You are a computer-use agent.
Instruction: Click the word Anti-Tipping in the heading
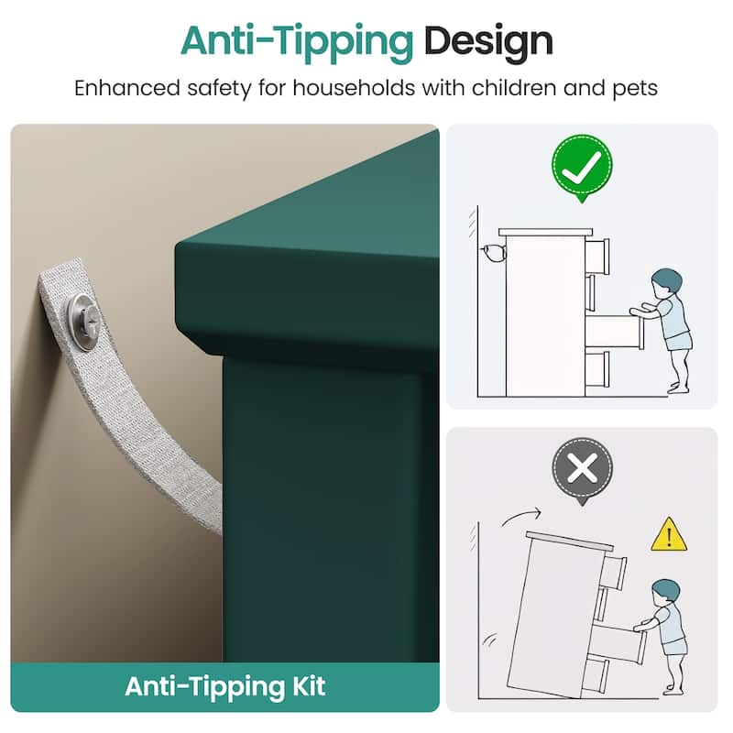(297, 42)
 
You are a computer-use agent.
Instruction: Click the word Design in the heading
(488, 42)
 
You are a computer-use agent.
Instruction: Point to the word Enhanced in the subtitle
(126, 88)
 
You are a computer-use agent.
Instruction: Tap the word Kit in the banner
(309, 686)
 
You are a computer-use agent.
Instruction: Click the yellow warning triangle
(669, 536)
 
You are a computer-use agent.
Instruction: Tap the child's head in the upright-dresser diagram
(666, 281)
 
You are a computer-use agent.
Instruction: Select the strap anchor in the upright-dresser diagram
(493, 254)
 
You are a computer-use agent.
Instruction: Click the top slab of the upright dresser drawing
(545, 233)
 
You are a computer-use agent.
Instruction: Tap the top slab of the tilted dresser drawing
(569, 541)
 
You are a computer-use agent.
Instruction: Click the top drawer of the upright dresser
(597, 257)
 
